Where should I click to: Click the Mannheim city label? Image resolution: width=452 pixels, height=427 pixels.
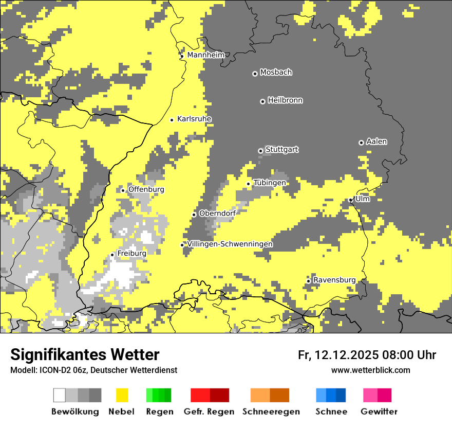205,55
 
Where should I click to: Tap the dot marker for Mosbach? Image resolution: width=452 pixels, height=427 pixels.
255,74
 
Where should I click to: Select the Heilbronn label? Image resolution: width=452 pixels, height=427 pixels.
285,100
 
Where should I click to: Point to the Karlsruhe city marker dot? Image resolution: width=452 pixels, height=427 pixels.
172,120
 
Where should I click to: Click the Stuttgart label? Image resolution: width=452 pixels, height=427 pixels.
282,150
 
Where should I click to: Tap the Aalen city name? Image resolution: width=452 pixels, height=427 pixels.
376,141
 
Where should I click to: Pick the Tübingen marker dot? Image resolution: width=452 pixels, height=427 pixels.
248,184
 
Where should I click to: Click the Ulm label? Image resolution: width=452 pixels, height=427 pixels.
362,199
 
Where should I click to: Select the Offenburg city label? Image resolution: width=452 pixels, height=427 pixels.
146,189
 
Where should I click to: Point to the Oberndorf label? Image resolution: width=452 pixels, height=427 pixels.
217,213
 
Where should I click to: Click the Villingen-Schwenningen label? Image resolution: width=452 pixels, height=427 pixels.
230,244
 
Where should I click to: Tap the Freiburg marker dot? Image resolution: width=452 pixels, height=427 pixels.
112,255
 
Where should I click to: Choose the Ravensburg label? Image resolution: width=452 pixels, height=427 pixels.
334,280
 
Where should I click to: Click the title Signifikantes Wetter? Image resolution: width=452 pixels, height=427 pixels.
85,355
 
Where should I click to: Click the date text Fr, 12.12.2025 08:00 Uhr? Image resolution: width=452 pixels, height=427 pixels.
367,355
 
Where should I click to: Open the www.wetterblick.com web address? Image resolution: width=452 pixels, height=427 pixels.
370,370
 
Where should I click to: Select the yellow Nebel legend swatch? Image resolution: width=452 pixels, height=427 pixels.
122,395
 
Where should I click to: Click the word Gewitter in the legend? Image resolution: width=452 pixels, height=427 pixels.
379,412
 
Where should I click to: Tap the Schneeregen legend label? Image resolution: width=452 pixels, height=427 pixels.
271,412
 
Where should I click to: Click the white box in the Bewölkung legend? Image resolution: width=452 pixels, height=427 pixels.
60,395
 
